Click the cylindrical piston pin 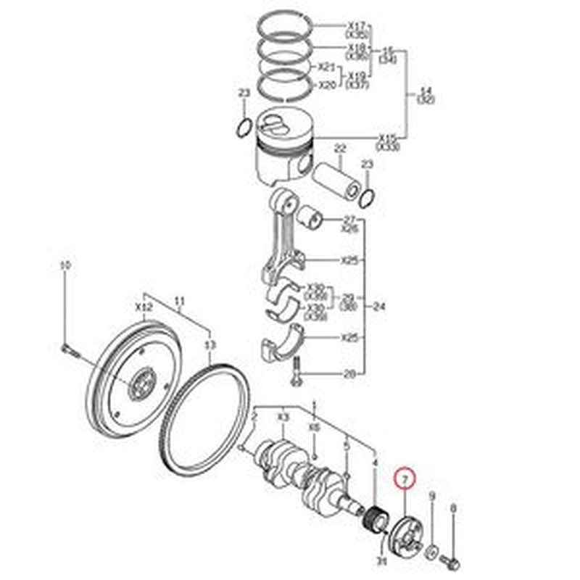[x=337, y=179]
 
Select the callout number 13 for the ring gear [x=210, y=344]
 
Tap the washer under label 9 [x=431, y=555]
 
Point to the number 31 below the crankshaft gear [x=382, y=558]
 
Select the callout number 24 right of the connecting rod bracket [x=379, y=307]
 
